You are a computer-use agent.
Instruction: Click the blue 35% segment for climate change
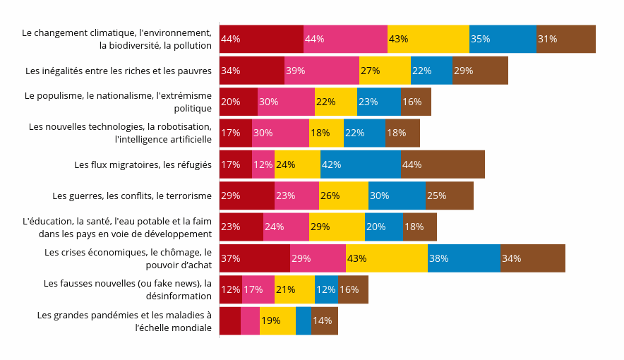(503, 39)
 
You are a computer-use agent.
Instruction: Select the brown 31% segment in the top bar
(565, 39)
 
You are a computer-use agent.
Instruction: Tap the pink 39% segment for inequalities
(322, 71)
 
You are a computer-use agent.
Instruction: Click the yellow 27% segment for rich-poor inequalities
(385, 71)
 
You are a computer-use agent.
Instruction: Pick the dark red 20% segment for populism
(239, 102)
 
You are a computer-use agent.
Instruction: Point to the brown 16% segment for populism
(416, 102)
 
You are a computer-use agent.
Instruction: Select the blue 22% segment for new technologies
(364, 133)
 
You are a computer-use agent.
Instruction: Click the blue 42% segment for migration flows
(360, 164)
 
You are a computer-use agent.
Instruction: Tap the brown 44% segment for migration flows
(443, 164)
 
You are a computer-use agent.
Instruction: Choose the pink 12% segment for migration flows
(263, 164)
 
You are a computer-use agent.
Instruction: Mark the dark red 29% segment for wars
(247, 196)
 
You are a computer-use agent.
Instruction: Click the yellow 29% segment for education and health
(337, 227)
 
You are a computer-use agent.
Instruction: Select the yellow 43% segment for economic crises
(387, 258)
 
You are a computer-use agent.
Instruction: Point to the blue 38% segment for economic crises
(464, 258)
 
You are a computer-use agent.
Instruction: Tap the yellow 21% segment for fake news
(294, 289)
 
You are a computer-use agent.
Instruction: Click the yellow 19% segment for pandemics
(277, 320)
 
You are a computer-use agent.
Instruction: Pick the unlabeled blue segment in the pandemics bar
(304, 320)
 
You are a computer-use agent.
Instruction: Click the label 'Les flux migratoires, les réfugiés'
(143, 164)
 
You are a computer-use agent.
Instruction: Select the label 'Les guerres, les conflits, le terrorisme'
(132, 196)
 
